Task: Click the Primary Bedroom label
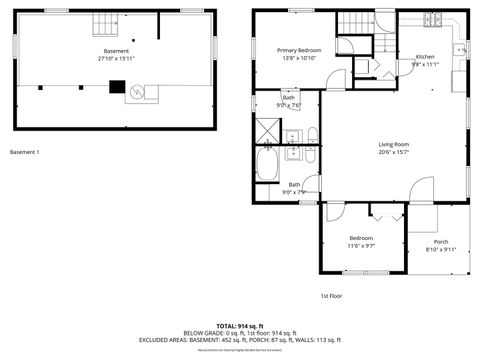tap(299, 50)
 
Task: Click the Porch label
tap(441, 242)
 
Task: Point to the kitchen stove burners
tap(432, 18)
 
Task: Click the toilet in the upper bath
tap(312, 134)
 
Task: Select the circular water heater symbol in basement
tap(140, 92)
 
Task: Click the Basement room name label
tap(116, 51)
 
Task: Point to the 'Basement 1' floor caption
tap(24, 152)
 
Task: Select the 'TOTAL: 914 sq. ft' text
tap(238, 326)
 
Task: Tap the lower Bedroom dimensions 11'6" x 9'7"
tap(361, 245)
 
